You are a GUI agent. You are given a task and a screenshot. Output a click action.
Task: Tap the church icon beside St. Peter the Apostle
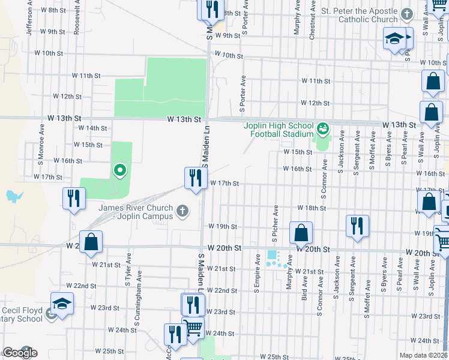click(x=407, y=13)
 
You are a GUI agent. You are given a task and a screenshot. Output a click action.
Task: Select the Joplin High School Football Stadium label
click(x=279, y=130)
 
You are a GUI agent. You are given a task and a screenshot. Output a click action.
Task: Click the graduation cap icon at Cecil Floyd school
click(x=62, y=305)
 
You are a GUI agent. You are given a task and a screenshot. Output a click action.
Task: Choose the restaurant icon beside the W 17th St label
click(x=195, y=178)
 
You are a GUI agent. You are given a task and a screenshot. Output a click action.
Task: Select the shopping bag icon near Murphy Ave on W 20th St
click(x=301, y=233)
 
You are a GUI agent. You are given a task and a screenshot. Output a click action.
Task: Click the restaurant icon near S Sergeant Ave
click(x=357, y=226)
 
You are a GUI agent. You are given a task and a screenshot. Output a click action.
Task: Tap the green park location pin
click(x=119, y=172)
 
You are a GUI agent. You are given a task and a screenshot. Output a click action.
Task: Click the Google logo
click(x=20, y=352)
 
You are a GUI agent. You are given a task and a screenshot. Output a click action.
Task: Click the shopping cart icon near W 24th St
click(x=193, y=328)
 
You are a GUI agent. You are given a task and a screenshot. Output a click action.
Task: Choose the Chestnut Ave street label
click(x=312, y=24)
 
